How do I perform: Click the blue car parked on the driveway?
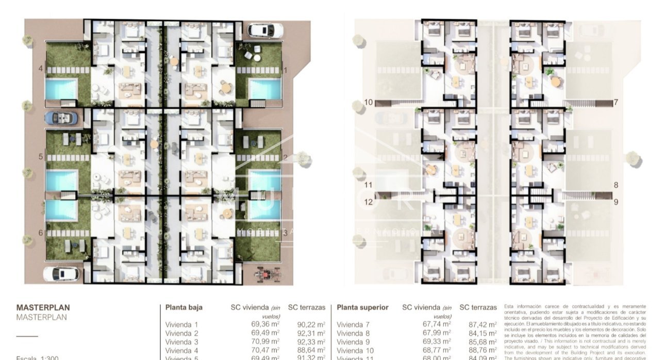point(61,118)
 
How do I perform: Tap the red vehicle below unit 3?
point(268,273)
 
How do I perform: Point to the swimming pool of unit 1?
point(265,89)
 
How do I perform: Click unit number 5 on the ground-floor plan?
point(41,156)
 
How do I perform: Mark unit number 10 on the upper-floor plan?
point(368,102)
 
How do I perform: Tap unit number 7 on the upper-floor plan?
point(616,102)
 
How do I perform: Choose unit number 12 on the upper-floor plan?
point(368,202)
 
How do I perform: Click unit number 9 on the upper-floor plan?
point(616,202)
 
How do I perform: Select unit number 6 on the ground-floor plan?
point(41,233)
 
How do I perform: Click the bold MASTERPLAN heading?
point(43,308)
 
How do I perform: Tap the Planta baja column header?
point(184,307)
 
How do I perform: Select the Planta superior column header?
point(362,307)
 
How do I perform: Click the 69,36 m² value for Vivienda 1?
point(265,324)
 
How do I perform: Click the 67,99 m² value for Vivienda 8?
point(437,333)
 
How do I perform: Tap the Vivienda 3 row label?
point(181,342)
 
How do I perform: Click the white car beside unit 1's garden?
point(265,30)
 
